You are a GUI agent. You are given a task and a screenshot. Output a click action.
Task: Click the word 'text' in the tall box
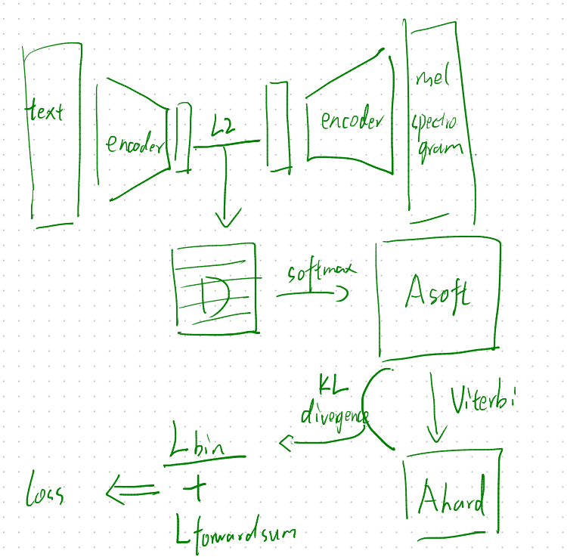(x=45, y=113)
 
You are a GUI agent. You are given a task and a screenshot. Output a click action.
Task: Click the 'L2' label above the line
(x=222, y=130)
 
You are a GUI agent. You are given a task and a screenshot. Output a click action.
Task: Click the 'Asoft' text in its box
(x=437, y=292)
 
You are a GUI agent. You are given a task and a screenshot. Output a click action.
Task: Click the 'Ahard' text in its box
(x=452, y=499)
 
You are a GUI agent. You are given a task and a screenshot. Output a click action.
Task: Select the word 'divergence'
(x=334, y=415)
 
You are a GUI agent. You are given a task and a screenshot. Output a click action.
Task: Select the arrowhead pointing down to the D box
(x=227, y=220)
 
